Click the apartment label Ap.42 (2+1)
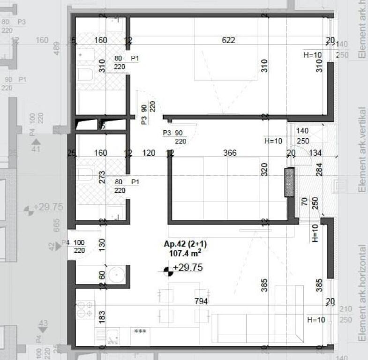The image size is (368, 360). click(185, 244)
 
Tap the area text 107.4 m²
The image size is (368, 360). click(185, 253)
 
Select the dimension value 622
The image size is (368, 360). click(228, 40)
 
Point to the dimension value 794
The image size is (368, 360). click(201, 301)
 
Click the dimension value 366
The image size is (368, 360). click(230, 153)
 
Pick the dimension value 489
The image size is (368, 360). click(57, 48)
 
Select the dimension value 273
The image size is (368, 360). click(102, 176)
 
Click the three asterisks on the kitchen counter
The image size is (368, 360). click(140, 331)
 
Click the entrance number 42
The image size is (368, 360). click(51, 246)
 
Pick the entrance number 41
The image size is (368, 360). click(36, 150)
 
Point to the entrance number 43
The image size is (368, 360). click(43, 323)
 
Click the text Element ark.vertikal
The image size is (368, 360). click(361, 150)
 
